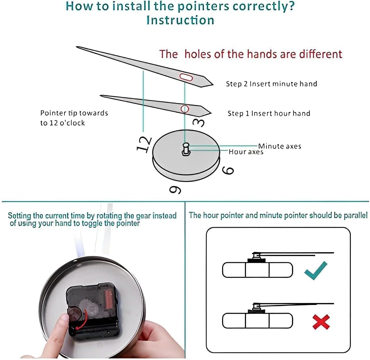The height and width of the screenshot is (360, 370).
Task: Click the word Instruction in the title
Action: tap(180, 20)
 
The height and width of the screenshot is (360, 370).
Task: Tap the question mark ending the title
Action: tap(291, 7)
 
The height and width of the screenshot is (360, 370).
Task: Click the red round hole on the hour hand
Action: tap(185, 108)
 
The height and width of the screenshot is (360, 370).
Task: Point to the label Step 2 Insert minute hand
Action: tap(271, 84)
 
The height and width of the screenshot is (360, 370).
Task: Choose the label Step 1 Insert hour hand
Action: tap(269, 113)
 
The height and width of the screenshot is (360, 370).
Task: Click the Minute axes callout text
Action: tap(279, 146)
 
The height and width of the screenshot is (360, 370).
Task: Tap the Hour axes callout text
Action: tap(246, 152)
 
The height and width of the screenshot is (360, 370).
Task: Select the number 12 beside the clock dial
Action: tap(144, 144)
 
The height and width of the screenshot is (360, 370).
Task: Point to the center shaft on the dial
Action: tap(186, 150)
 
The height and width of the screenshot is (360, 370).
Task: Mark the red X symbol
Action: tap(321, 322)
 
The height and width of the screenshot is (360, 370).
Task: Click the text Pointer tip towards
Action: tap(74, 113)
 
